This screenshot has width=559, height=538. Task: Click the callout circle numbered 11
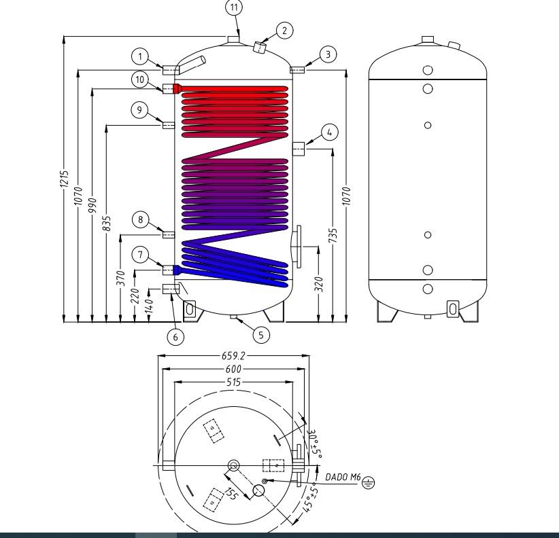tap(234, 7)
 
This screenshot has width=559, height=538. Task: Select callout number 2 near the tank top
tap(284, 31)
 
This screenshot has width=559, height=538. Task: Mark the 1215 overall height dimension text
tap(64, 179)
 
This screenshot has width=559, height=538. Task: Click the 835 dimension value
tap(107, 223)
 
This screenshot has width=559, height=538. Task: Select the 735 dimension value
tap(333, 236)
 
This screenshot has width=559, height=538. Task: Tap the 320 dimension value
tap(318, 284)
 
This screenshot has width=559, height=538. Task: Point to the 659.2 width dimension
tap(233, 356)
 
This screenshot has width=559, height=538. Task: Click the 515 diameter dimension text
tap(233, 382)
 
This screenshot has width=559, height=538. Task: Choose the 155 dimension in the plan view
tap(231, 493)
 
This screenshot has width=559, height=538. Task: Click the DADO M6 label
tap(343, 477)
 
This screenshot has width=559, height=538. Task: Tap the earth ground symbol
tap(369, 483)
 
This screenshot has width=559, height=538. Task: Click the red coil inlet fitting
tap(177, 88)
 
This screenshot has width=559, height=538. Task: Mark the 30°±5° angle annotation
tap(316, 444)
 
